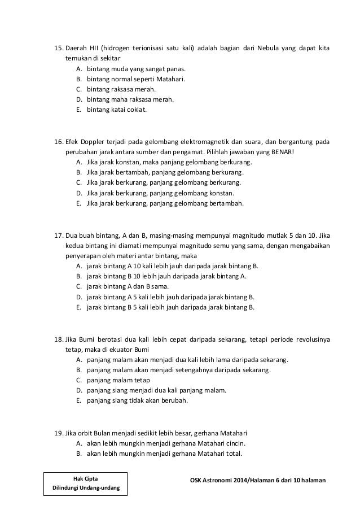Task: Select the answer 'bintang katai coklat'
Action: tap(116, 110)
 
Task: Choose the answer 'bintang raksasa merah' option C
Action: tap(121, 89)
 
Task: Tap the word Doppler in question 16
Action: tap(92, 142)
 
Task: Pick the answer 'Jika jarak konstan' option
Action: tap(169, 162)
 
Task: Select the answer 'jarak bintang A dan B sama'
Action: tap(123, 287)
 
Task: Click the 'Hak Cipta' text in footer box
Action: tap(86, 478)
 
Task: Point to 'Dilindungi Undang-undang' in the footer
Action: tap(86, 487)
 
